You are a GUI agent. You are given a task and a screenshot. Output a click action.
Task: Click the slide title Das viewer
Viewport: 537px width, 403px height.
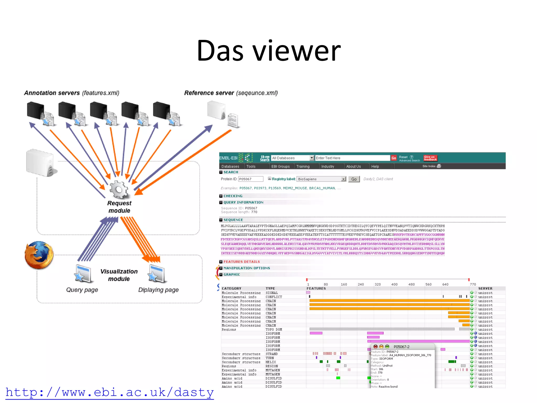coord(268,50)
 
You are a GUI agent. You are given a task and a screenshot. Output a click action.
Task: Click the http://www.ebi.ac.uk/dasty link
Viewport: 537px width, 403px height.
coord(110,393)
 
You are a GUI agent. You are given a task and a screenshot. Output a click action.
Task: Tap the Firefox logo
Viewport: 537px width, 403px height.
coord(39,255)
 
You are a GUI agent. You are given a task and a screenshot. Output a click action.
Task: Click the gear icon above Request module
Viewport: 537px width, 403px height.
coord(119,189)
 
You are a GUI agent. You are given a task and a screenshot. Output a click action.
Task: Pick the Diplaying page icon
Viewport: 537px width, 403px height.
coord(157,274)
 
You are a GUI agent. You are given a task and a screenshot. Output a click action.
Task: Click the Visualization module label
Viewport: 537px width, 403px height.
coord(119,275)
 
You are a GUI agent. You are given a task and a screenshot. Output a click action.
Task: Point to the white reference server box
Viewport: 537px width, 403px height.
coord(216,110)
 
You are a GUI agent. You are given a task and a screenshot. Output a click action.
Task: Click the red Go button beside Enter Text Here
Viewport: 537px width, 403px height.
coord(394,158)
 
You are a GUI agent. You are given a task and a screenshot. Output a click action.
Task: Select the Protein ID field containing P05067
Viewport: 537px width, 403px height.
coord(251,179)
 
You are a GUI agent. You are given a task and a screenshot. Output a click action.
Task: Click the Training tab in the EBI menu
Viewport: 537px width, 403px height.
coord(303,166)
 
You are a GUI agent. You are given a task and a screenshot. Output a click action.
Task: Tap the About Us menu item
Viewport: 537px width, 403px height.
coord(353,166)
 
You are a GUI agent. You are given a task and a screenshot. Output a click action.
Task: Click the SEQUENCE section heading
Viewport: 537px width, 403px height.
coord(233,220)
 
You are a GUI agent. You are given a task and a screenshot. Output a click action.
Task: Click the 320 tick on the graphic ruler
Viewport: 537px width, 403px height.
coord(378,284)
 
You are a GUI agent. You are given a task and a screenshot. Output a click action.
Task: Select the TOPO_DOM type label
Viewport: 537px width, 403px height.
coord(273,330)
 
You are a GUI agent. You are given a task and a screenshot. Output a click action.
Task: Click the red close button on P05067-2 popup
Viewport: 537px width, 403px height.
coord(375,347)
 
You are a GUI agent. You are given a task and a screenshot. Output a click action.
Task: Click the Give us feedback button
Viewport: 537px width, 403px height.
coord(430,158)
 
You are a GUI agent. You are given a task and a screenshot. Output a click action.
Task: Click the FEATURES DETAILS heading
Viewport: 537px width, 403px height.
coord(241,262)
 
